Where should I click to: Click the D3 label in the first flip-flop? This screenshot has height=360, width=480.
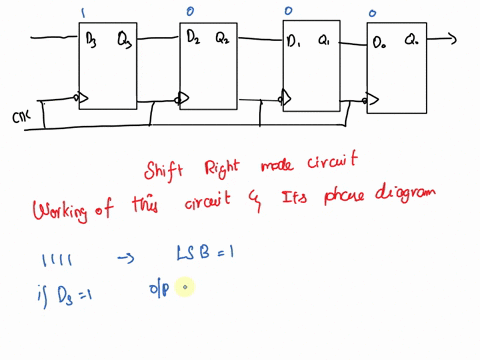click(93, 39)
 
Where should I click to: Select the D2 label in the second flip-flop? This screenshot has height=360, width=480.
click(195, 38)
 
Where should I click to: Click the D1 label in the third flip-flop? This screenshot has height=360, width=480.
click(295, 42)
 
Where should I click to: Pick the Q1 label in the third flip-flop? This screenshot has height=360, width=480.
click(325, 42)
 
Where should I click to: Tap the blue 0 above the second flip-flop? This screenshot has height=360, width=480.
click(190, 12)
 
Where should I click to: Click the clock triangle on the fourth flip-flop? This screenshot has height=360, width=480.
click(373, 100)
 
